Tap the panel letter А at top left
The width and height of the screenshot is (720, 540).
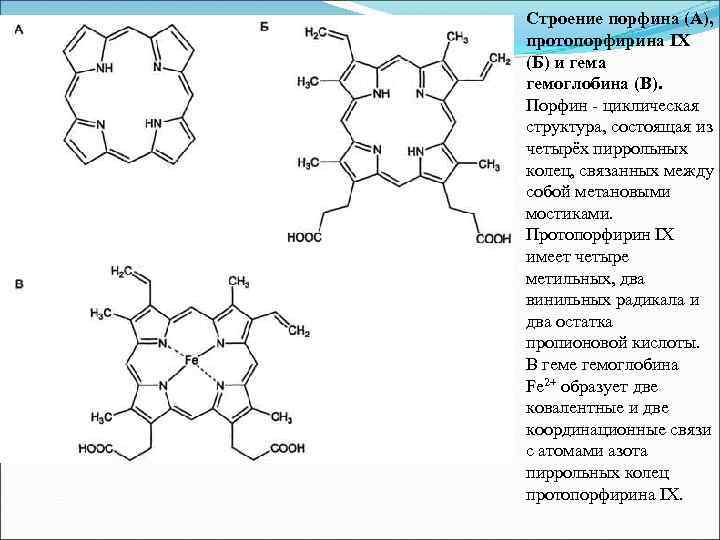(19, 28)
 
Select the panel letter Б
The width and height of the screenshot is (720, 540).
(264, 28)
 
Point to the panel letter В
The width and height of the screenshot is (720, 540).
(19, 286)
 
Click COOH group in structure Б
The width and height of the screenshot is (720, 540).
(492, 238)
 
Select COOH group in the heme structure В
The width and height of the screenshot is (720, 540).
(286, 449)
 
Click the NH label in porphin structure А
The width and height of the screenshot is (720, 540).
(104, 69)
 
